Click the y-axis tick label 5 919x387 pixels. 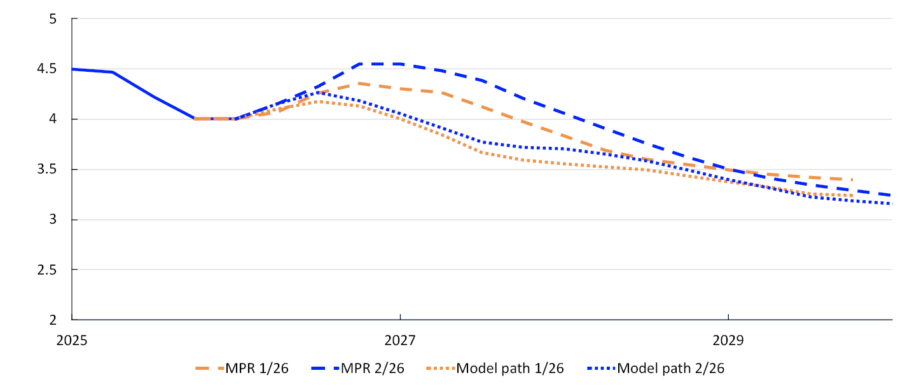(x=53, y=19)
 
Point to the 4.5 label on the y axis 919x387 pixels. (x=47, y=69)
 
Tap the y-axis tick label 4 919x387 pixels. (x=53, y=119)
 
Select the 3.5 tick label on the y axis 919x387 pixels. (x=47, y=169)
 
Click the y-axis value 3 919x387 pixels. (x=53, y=219)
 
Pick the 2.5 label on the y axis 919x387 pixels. (x=47, y=269)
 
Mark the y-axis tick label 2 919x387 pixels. (x=53, y=320)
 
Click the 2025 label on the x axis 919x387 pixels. (x=72, y=340)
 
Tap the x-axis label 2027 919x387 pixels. (x=400, y=340)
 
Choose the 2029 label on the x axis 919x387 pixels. (x=728, y=340)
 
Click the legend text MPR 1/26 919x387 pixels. (x=257, y=368)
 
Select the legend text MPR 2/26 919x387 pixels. (x=373, y=368)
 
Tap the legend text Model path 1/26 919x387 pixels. (x=510, y=368)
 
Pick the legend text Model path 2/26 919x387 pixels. (x=671, y=368)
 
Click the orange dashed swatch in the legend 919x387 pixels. (x=210, y=368)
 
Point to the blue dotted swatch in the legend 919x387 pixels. (x=601, y=368)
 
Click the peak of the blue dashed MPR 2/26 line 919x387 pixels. (x=380, y=64)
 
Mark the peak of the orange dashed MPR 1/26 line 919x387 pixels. (x=359, y=83)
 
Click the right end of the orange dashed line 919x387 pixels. (x=852, y=180)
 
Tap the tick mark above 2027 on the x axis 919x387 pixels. (x=400, y=317)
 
